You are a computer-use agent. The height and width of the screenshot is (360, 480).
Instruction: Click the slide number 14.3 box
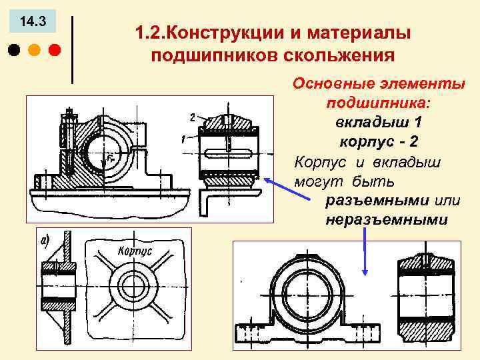(x=33, y=21)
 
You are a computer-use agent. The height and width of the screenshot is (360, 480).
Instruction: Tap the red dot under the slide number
(x=54, y=50)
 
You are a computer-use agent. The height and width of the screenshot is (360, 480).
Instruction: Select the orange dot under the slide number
(x=33, y=50)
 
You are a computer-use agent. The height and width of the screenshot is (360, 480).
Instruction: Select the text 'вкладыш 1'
(x=379, y=123)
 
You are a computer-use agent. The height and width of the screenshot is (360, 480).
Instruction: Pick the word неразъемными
(x=387, y=219)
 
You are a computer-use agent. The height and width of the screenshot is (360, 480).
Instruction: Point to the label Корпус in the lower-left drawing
(x=135, y=251)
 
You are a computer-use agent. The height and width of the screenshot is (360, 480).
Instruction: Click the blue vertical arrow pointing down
(x=365, y=253)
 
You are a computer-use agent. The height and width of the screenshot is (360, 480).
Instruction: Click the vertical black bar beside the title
(x=72, y=48)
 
